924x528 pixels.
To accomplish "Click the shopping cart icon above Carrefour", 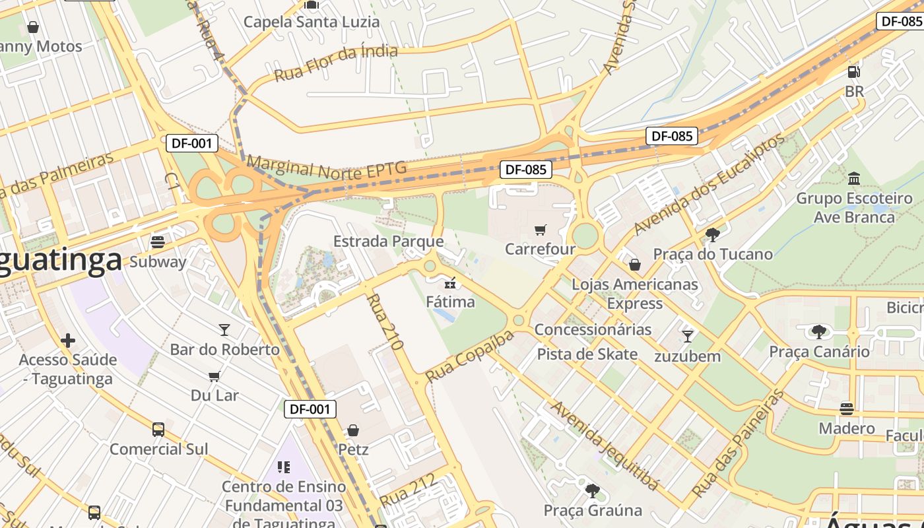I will [541, 230].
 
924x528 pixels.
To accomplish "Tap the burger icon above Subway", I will [158, 242].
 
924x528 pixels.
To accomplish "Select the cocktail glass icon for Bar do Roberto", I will [224, 329].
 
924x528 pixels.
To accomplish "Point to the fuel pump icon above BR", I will [854, 71].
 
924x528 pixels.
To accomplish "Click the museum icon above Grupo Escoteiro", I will [854, 178].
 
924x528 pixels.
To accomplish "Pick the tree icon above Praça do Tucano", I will [712, 234].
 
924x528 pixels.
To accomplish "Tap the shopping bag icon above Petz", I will [353, 430].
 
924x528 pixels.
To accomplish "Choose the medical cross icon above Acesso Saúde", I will [67, 341].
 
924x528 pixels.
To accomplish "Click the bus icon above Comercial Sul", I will [158, 430].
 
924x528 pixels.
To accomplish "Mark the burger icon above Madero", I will [847, 409].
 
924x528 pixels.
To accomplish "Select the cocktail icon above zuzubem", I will [688, 336].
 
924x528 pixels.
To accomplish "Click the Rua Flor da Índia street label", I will [336, 63].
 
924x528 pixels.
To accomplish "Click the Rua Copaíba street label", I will [469, 356].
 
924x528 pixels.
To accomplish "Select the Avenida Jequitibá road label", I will [605, 445].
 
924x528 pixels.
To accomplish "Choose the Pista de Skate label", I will [587, 354].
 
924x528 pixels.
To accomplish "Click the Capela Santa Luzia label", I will [312, 22].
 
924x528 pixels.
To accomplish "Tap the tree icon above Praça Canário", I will [819, 331].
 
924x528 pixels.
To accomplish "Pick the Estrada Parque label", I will [388, 242].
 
